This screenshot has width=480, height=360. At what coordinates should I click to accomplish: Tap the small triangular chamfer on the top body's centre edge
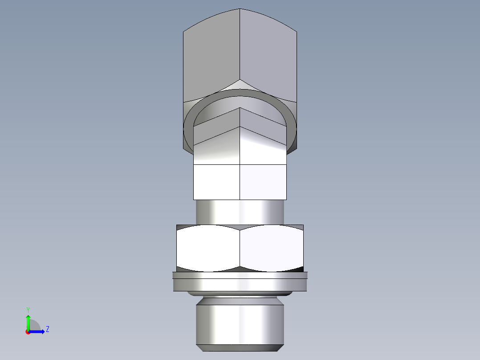[240, 84]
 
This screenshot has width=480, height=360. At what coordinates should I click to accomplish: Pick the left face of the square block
[216, 182]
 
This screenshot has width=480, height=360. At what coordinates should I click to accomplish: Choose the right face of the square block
[263, 182]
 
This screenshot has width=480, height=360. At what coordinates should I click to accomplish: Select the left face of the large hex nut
[208, 248]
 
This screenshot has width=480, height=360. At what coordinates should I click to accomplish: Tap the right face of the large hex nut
[272, 248]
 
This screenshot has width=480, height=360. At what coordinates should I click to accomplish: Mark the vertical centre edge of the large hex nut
[240, 248]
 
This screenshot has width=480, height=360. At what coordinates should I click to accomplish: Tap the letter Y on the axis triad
[28, 309]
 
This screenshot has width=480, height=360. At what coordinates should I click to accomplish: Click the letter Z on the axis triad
[47, 329]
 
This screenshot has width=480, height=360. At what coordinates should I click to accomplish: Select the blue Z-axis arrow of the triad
[38, 331]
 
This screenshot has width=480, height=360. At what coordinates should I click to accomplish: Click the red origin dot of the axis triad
[28, 332]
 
